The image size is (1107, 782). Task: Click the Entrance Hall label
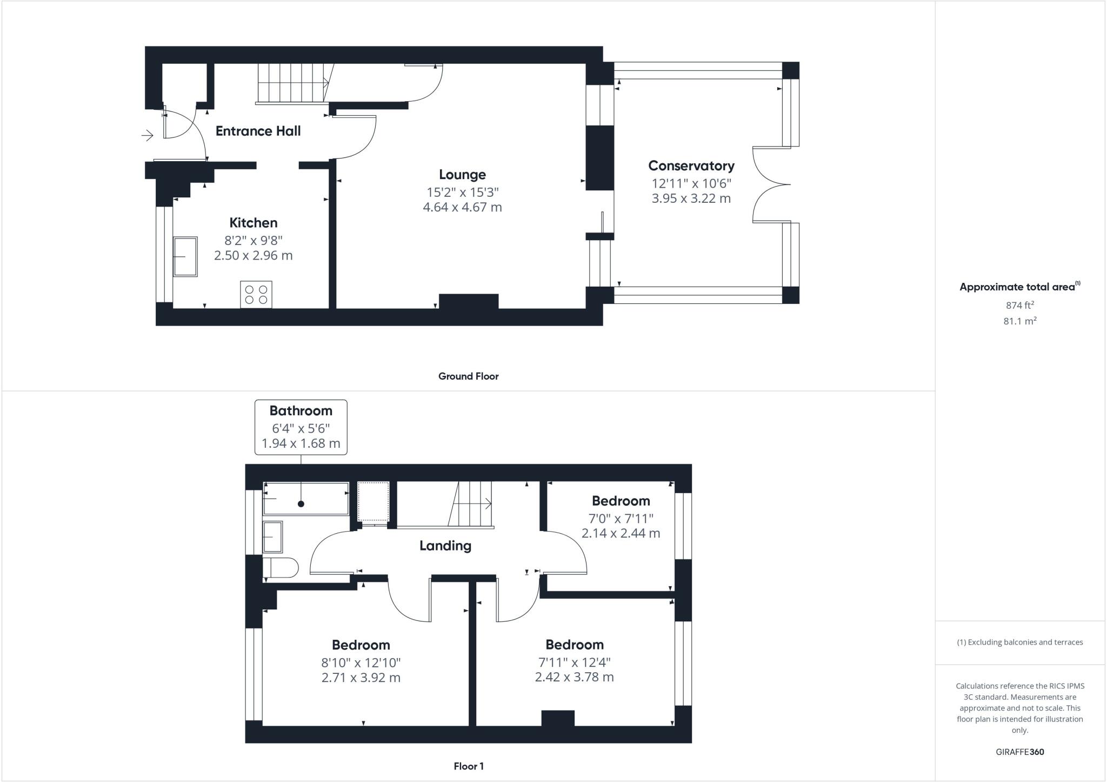tap(258, 131)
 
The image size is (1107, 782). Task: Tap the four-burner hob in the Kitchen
tap(256, 295)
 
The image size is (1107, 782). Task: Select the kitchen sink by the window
tap(185, 256)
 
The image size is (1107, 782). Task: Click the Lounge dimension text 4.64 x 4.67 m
tap(462, 207)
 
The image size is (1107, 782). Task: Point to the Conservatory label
tap(691, 166)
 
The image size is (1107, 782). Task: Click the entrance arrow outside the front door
tap(148, 135)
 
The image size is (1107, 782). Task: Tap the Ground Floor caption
tap(468, 376)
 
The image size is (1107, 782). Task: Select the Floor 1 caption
tap(468, 766)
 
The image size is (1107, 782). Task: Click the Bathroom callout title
tap(301, 411)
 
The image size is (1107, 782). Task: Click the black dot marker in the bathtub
tap(301, 504)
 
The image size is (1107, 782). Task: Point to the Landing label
tap(445, 546)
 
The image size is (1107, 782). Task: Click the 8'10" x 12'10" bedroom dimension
tap(361, 662)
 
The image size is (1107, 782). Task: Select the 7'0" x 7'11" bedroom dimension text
tap(621, 518)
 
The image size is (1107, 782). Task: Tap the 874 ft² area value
tap(1019, 305)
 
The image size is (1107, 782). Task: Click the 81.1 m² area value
tap(1019, 321)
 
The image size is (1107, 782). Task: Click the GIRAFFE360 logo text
tap(1019, 752)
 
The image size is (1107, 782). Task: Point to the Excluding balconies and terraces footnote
tap(1019, 642)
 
